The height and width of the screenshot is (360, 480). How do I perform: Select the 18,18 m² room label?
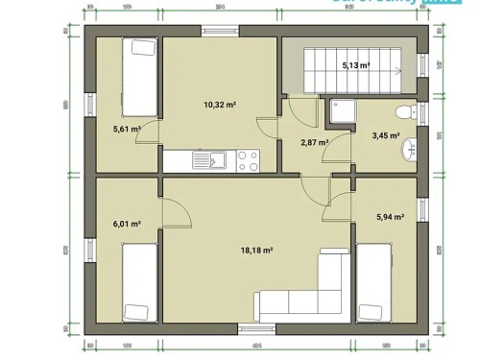tap(257, 250)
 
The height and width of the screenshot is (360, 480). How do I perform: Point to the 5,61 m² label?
tap(127, 129)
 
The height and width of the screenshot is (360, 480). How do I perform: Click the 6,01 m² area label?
tap(127, 224)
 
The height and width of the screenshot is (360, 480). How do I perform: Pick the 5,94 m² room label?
tap(389, 217)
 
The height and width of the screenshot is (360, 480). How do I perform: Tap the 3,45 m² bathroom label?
tap(385, 136)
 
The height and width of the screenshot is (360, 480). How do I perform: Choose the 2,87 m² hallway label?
tap(315, 142)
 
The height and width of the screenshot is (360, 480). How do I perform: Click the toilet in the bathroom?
tap(414, 111)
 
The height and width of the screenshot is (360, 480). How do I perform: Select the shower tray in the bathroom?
tap(342, 114)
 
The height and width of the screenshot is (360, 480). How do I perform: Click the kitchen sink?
tap(204, 159)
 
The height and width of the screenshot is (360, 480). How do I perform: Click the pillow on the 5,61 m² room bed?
tap(141, 48)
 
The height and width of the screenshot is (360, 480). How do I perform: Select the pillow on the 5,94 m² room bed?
tap(369, 310)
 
